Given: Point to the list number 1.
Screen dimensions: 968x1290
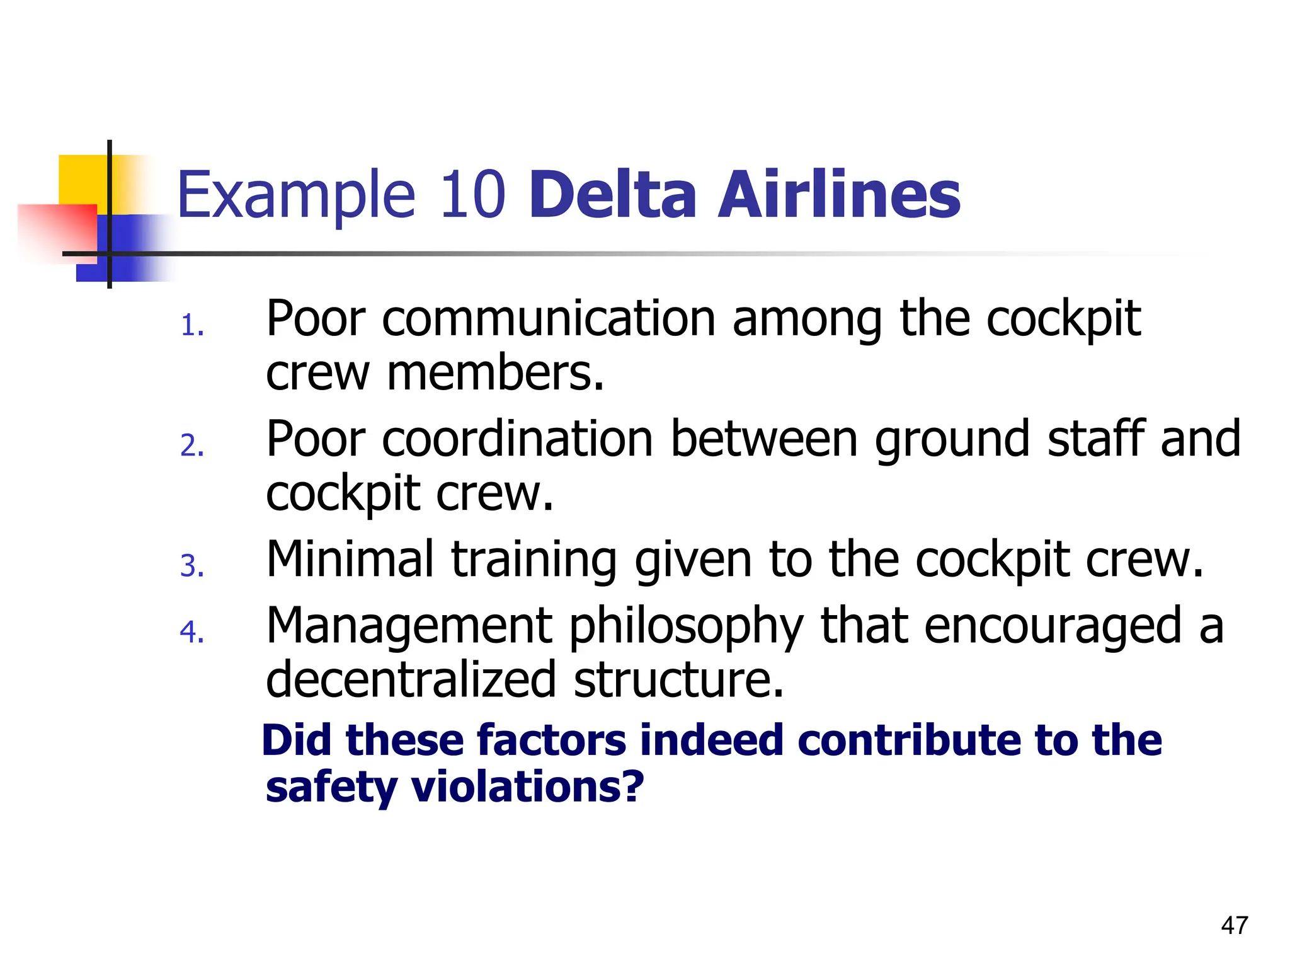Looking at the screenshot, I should point(191,326).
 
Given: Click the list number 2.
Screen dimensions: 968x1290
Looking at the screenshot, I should point(191,446).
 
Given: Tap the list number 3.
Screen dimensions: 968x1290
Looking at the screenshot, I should point(191,566).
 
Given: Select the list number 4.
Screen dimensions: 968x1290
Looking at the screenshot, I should point(191,632).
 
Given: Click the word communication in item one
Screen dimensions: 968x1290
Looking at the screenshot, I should point(549,319).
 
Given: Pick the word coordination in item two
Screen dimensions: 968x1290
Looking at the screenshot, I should point(517,439).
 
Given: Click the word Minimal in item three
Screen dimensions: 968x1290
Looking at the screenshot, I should point(350,558).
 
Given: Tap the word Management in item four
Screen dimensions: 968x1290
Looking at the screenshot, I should point(409,627).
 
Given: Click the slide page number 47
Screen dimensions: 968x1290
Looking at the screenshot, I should point(1234,925).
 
